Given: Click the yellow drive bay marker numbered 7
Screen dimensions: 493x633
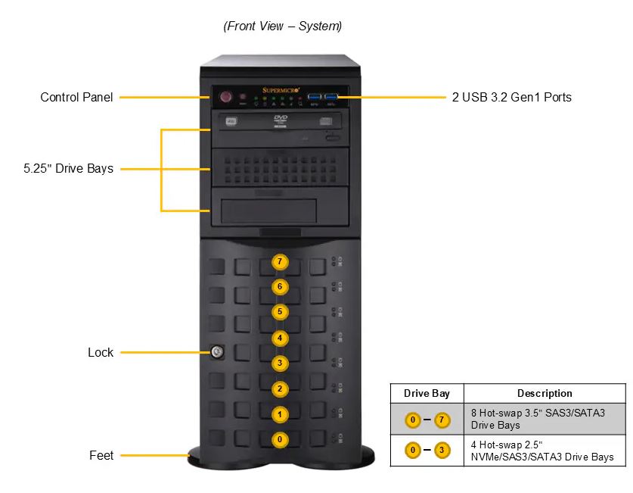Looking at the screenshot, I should tap(280, 262).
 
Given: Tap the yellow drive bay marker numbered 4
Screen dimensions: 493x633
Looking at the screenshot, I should tap(280, 338).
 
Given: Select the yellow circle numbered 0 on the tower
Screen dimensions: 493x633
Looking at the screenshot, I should tap(280, 439).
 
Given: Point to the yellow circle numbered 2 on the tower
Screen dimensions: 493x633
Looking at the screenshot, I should tap(280, 389).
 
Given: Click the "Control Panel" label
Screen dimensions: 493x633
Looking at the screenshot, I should tap(76, 97).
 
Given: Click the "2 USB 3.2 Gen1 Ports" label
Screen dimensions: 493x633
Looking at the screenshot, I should tap(511, 97).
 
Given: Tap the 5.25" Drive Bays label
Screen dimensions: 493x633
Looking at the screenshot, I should tap(68, 168).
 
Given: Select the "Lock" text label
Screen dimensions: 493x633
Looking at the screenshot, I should tap(101, 352).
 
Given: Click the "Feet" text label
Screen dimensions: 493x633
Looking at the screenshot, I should tap(101, 455).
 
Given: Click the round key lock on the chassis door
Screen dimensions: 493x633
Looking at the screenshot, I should tap(216, 351).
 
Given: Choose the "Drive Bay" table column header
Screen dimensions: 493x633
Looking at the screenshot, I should tap(427, 393).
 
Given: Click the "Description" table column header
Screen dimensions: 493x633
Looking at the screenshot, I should tap(545, 393).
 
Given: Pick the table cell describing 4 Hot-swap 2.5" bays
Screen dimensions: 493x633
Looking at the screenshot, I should tap(545, 451).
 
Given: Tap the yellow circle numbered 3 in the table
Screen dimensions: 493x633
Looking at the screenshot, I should tap(442, 451).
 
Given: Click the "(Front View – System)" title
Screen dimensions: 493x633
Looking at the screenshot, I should tap(282, 26).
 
